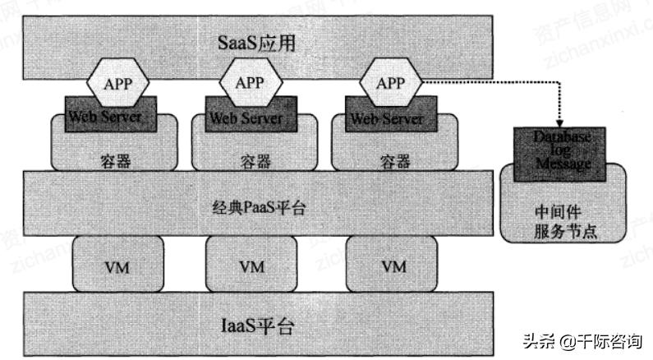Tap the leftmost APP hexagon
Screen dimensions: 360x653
click(x=117, y=83)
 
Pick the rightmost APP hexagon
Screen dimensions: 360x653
click(x=390, y=83)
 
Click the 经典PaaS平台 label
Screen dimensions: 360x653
click(x=254, y=208)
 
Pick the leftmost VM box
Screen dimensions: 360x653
click(x=116, y=265)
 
